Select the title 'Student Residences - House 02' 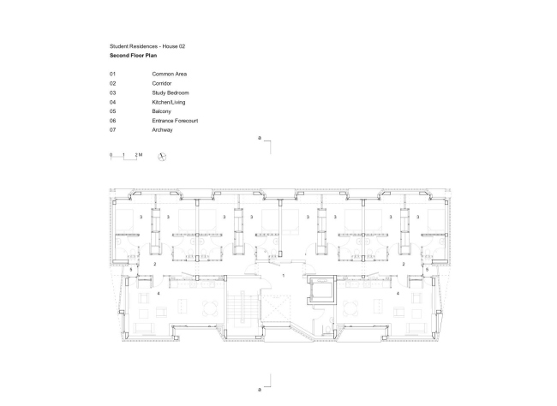[147, 45]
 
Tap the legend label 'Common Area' [171, 74]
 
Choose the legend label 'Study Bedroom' [171, 93]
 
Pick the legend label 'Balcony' [162, 111]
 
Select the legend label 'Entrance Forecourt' [175, 121]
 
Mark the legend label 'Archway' [163, 130]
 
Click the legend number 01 [112, 74]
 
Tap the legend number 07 [112, 130]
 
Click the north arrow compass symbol [162, 155]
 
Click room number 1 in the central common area [282, 277]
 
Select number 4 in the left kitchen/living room [159, 293]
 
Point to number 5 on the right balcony [427, 270]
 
